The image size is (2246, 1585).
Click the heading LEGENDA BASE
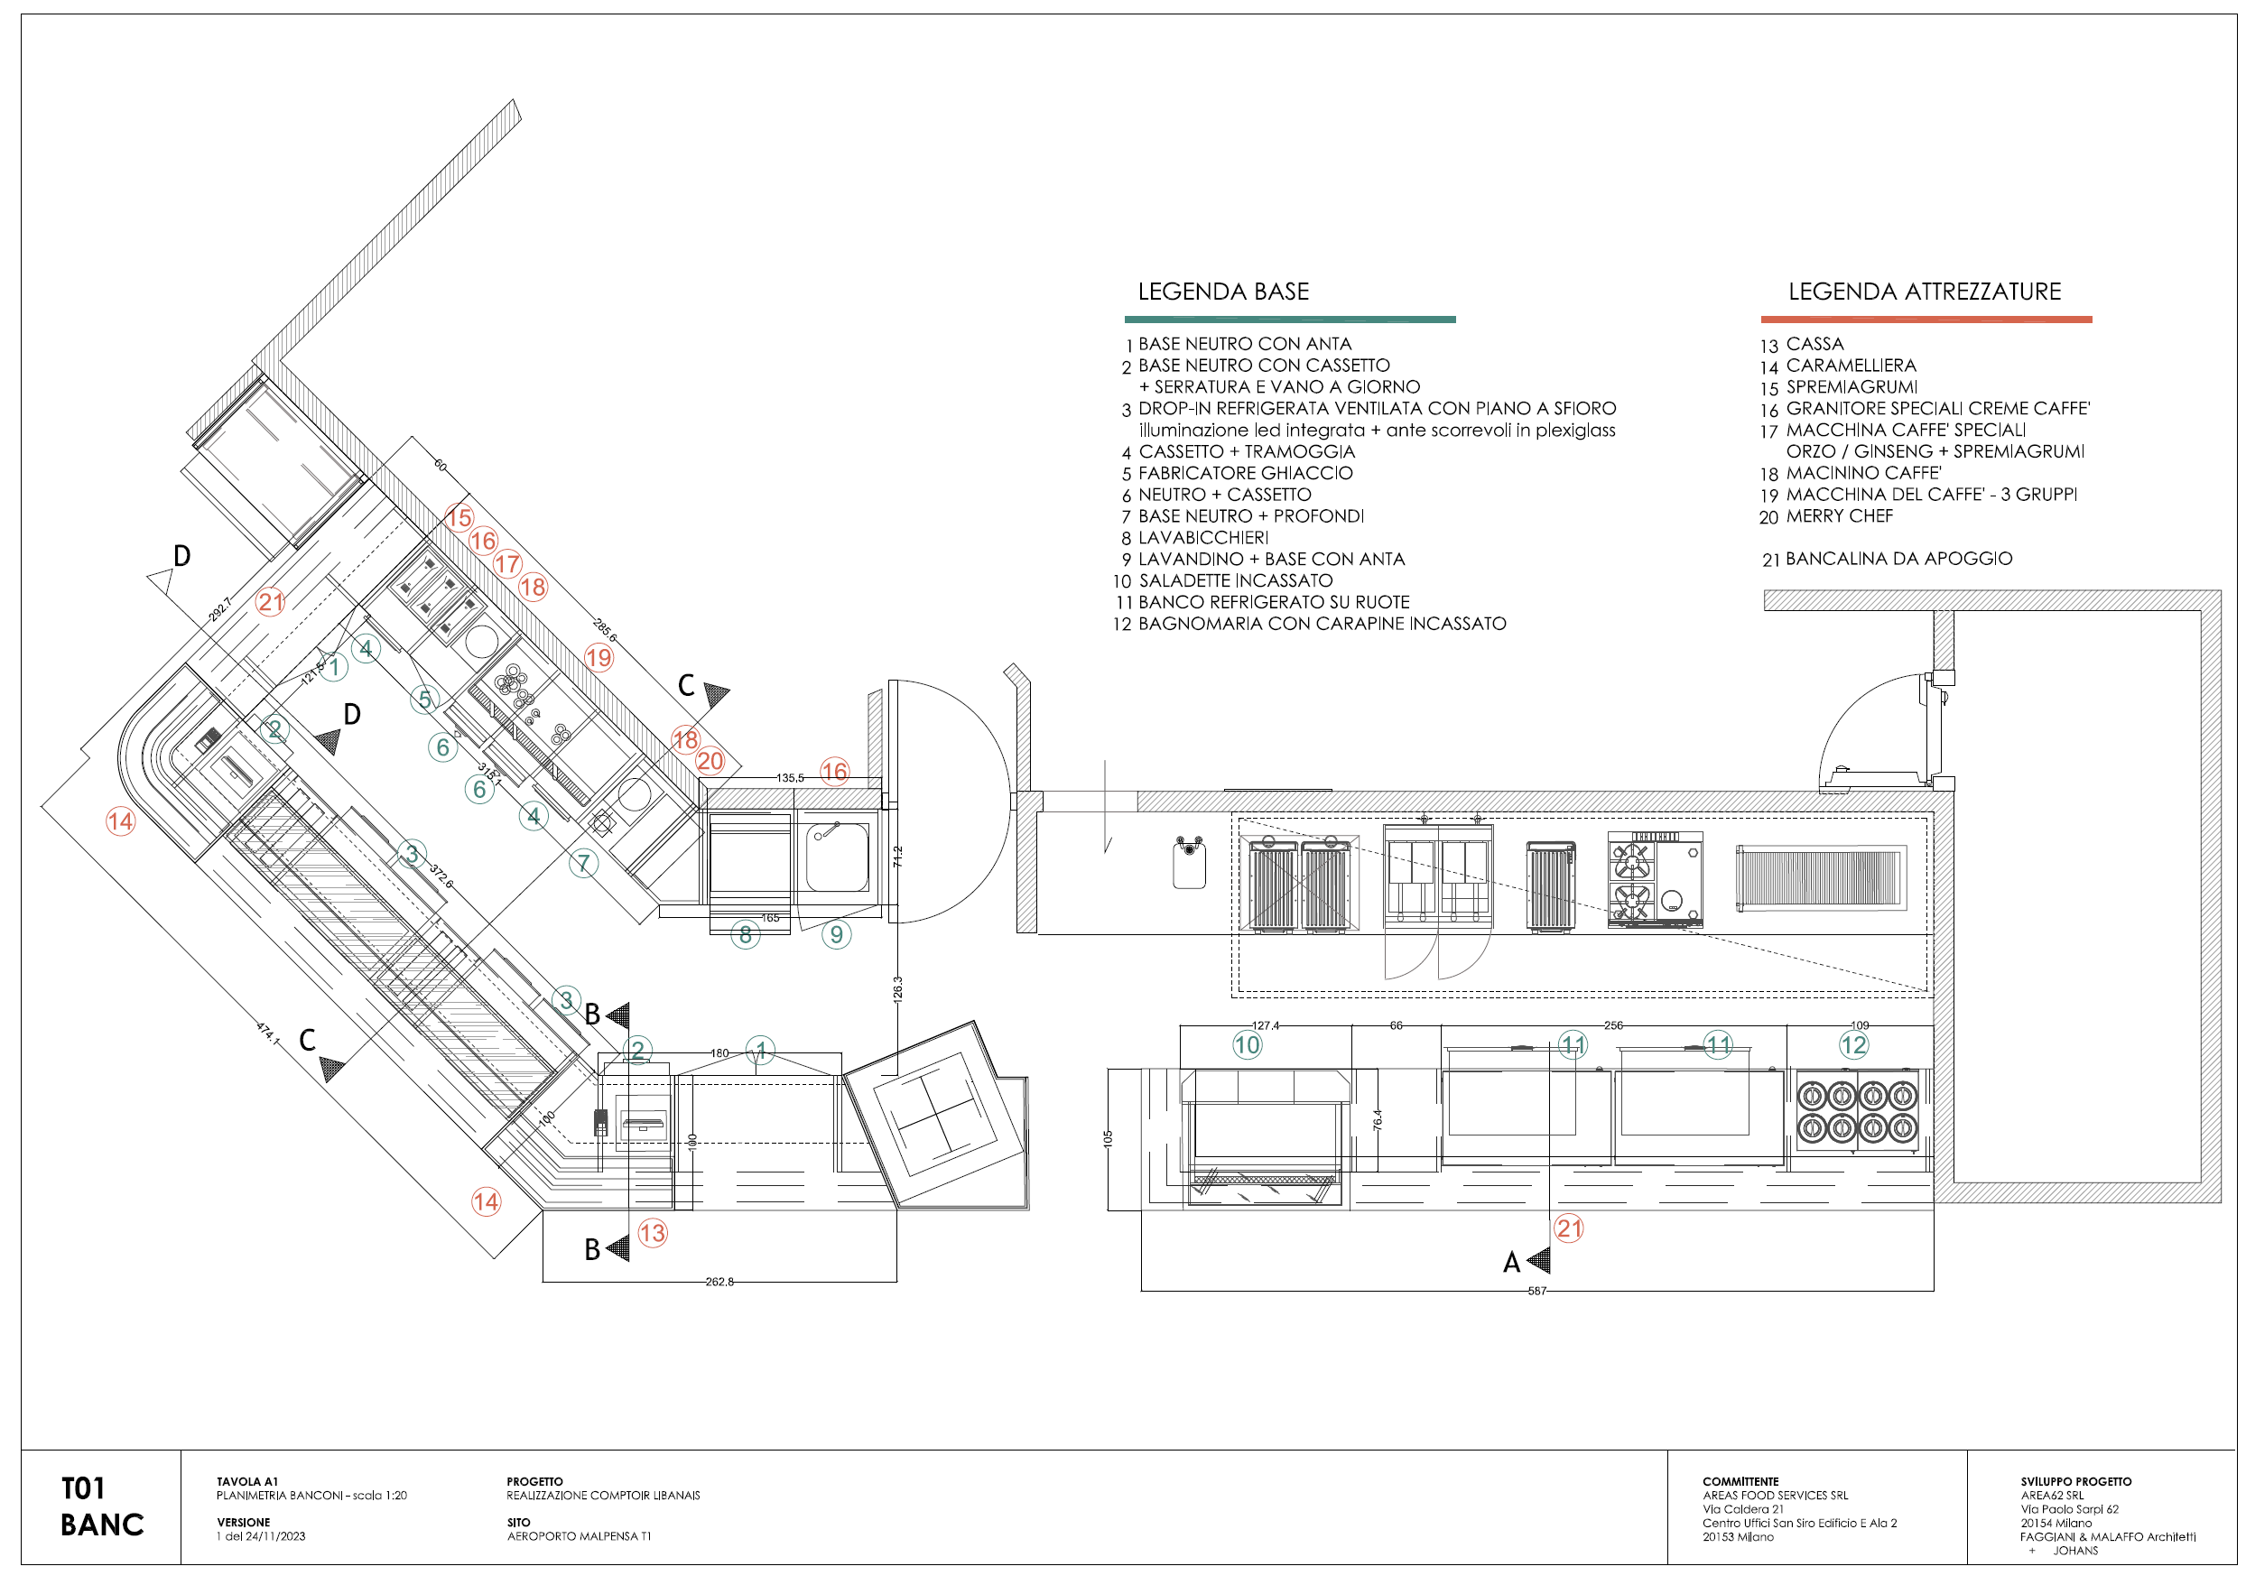click(1223, 292)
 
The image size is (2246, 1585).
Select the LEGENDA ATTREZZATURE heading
click(1924, 292)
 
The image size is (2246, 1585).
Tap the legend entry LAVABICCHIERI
click(1202, 538)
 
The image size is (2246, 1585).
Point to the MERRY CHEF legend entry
click(1838, 516)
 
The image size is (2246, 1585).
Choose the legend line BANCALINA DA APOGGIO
click(1898, 559)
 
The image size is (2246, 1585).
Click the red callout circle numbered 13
click(653, 1233)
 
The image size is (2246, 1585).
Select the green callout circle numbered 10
click(1248, 1045)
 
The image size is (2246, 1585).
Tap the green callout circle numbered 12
click(1853, 1045)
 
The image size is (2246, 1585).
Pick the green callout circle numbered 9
click(836, 934)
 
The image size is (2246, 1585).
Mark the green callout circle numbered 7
click(583, 863)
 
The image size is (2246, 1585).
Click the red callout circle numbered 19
click(599, 657)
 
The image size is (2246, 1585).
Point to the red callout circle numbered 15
click(459, 517)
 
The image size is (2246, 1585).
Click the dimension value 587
click(1536, 1292)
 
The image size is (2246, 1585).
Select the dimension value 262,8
click(719, 1282)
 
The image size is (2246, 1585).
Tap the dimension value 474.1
click(267, 1033)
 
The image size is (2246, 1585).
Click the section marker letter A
click(1511, 1263)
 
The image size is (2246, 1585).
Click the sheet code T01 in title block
click(83, 1489)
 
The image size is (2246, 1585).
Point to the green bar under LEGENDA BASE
click(1289, 319)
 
